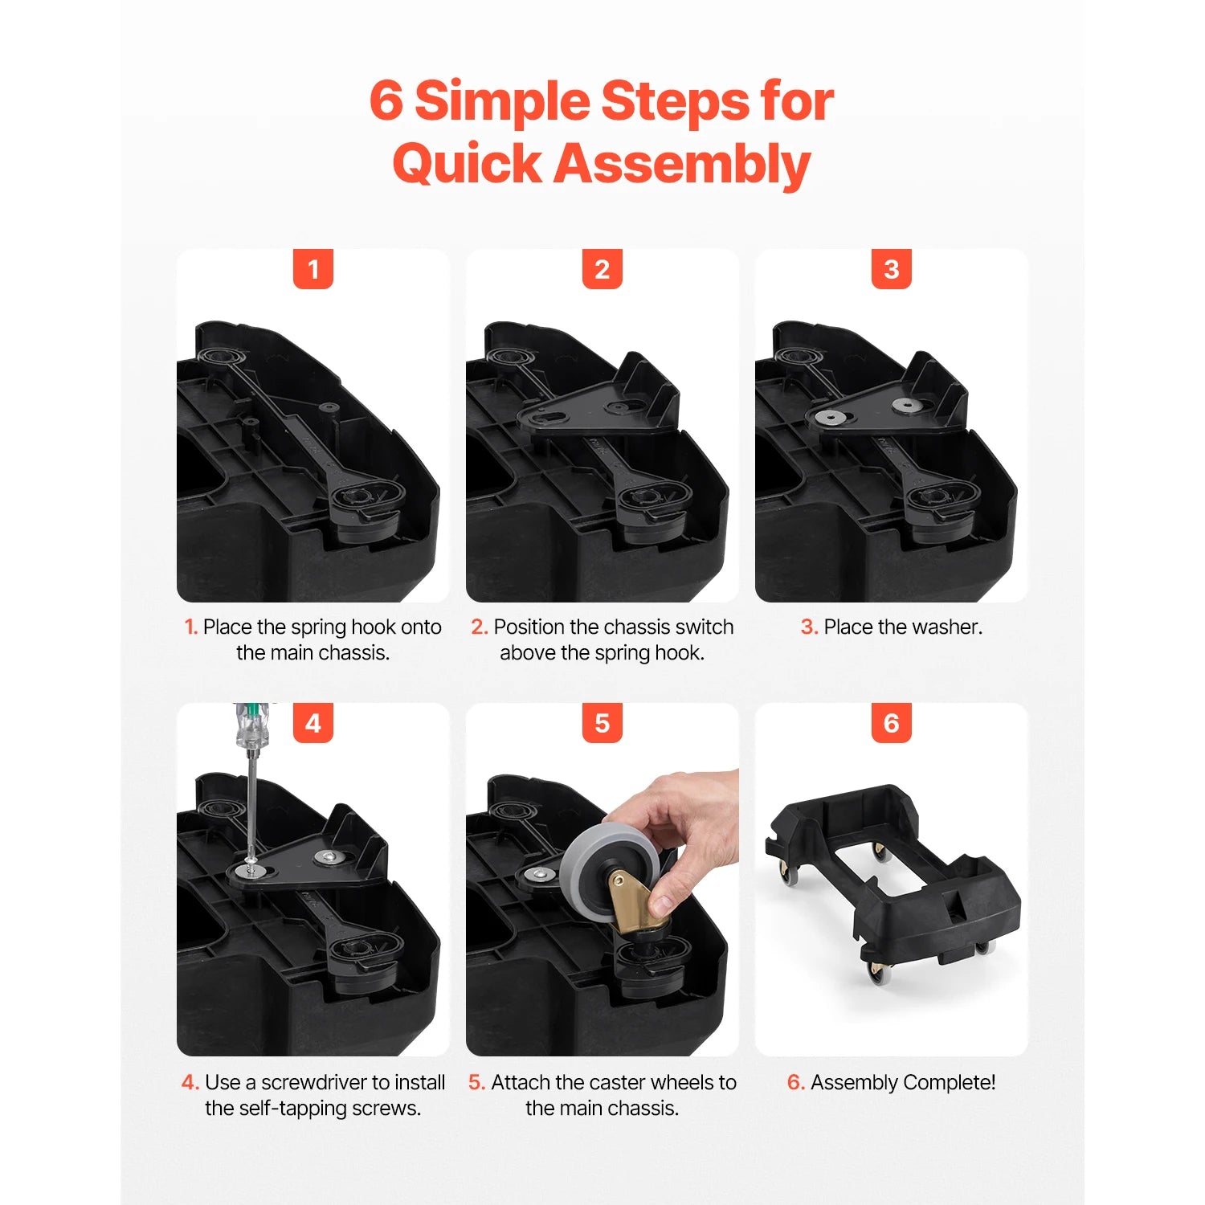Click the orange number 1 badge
312,269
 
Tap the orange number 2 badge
602,269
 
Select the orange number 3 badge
891,269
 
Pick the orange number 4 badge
312,723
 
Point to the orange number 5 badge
602,723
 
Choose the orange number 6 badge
891,723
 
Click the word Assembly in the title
682,164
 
